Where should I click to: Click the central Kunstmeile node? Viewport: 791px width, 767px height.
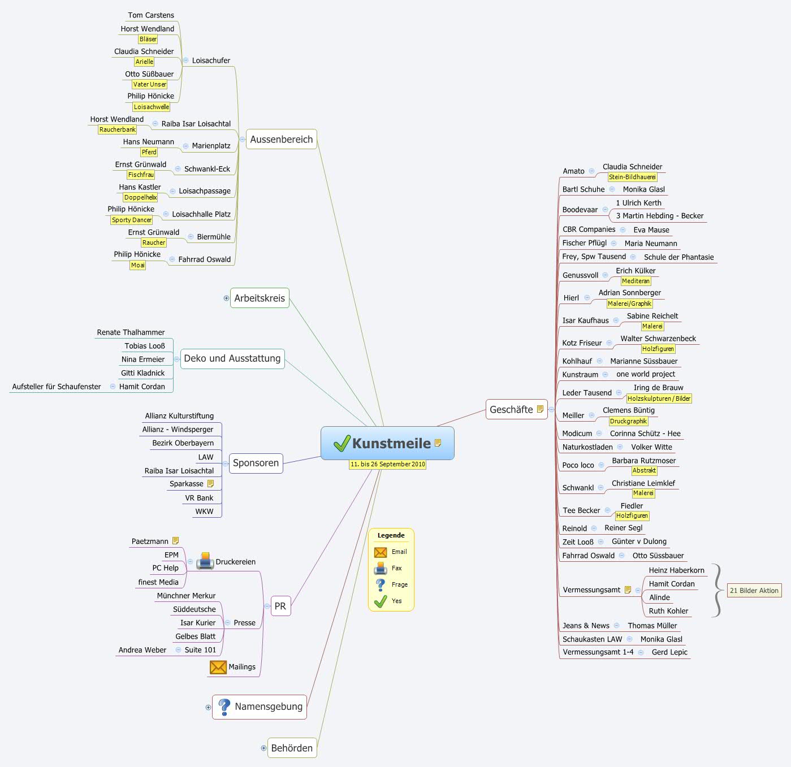pos(387,443)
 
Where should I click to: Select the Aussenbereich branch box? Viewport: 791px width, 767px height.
pos(281,140)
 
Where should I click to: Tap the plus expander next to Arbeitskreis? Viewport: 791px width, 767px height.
pos(226,298)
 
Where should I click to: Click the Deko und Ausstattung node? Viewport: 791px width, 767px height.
pos(232,358)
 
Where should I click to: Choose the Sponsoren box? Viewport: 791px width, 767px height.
pos(256,463)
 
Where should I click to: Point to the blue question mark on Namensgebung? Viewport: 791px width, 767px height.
pos(224,707)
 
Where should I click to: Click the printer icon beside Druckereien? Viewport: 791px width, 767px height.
pos(205,561)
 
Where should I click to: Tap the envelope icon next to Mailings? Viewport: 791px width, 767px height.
pos(218,667)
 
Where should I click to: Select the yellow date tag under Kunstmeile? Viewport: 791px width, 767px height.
pos(387,464)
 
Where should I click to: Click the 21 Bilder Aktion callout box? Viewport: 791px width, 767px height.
pos(754,591)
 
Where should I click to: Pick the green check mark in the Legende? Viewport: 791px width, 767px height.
pos(381,601)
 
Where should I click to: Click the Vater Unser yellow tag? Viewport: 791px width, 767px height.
pos(149,84)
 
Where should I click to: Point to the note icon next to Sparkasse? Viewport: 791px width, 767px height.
pos(211,484)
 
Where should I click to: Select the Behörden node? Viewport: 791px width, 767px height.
pos(292,748)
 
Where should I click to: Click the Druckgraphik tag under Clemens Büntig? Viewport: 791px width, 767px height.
pos(628,421)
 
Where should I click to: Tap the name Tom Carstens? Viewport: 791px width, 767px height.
pos(151,15)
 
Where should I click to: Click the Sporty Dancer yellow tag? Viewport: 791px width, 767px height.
pos(132,220)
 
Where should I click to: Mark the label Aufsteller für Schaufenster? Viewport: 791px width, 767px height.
pos(57,387)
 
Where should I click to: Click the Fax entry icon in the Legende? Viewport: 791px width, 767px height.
pos(381,568)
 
